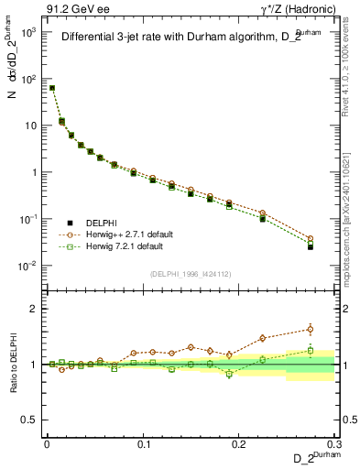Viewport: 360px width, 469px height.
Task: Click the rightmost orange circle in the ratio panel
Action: pos(310,330)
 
